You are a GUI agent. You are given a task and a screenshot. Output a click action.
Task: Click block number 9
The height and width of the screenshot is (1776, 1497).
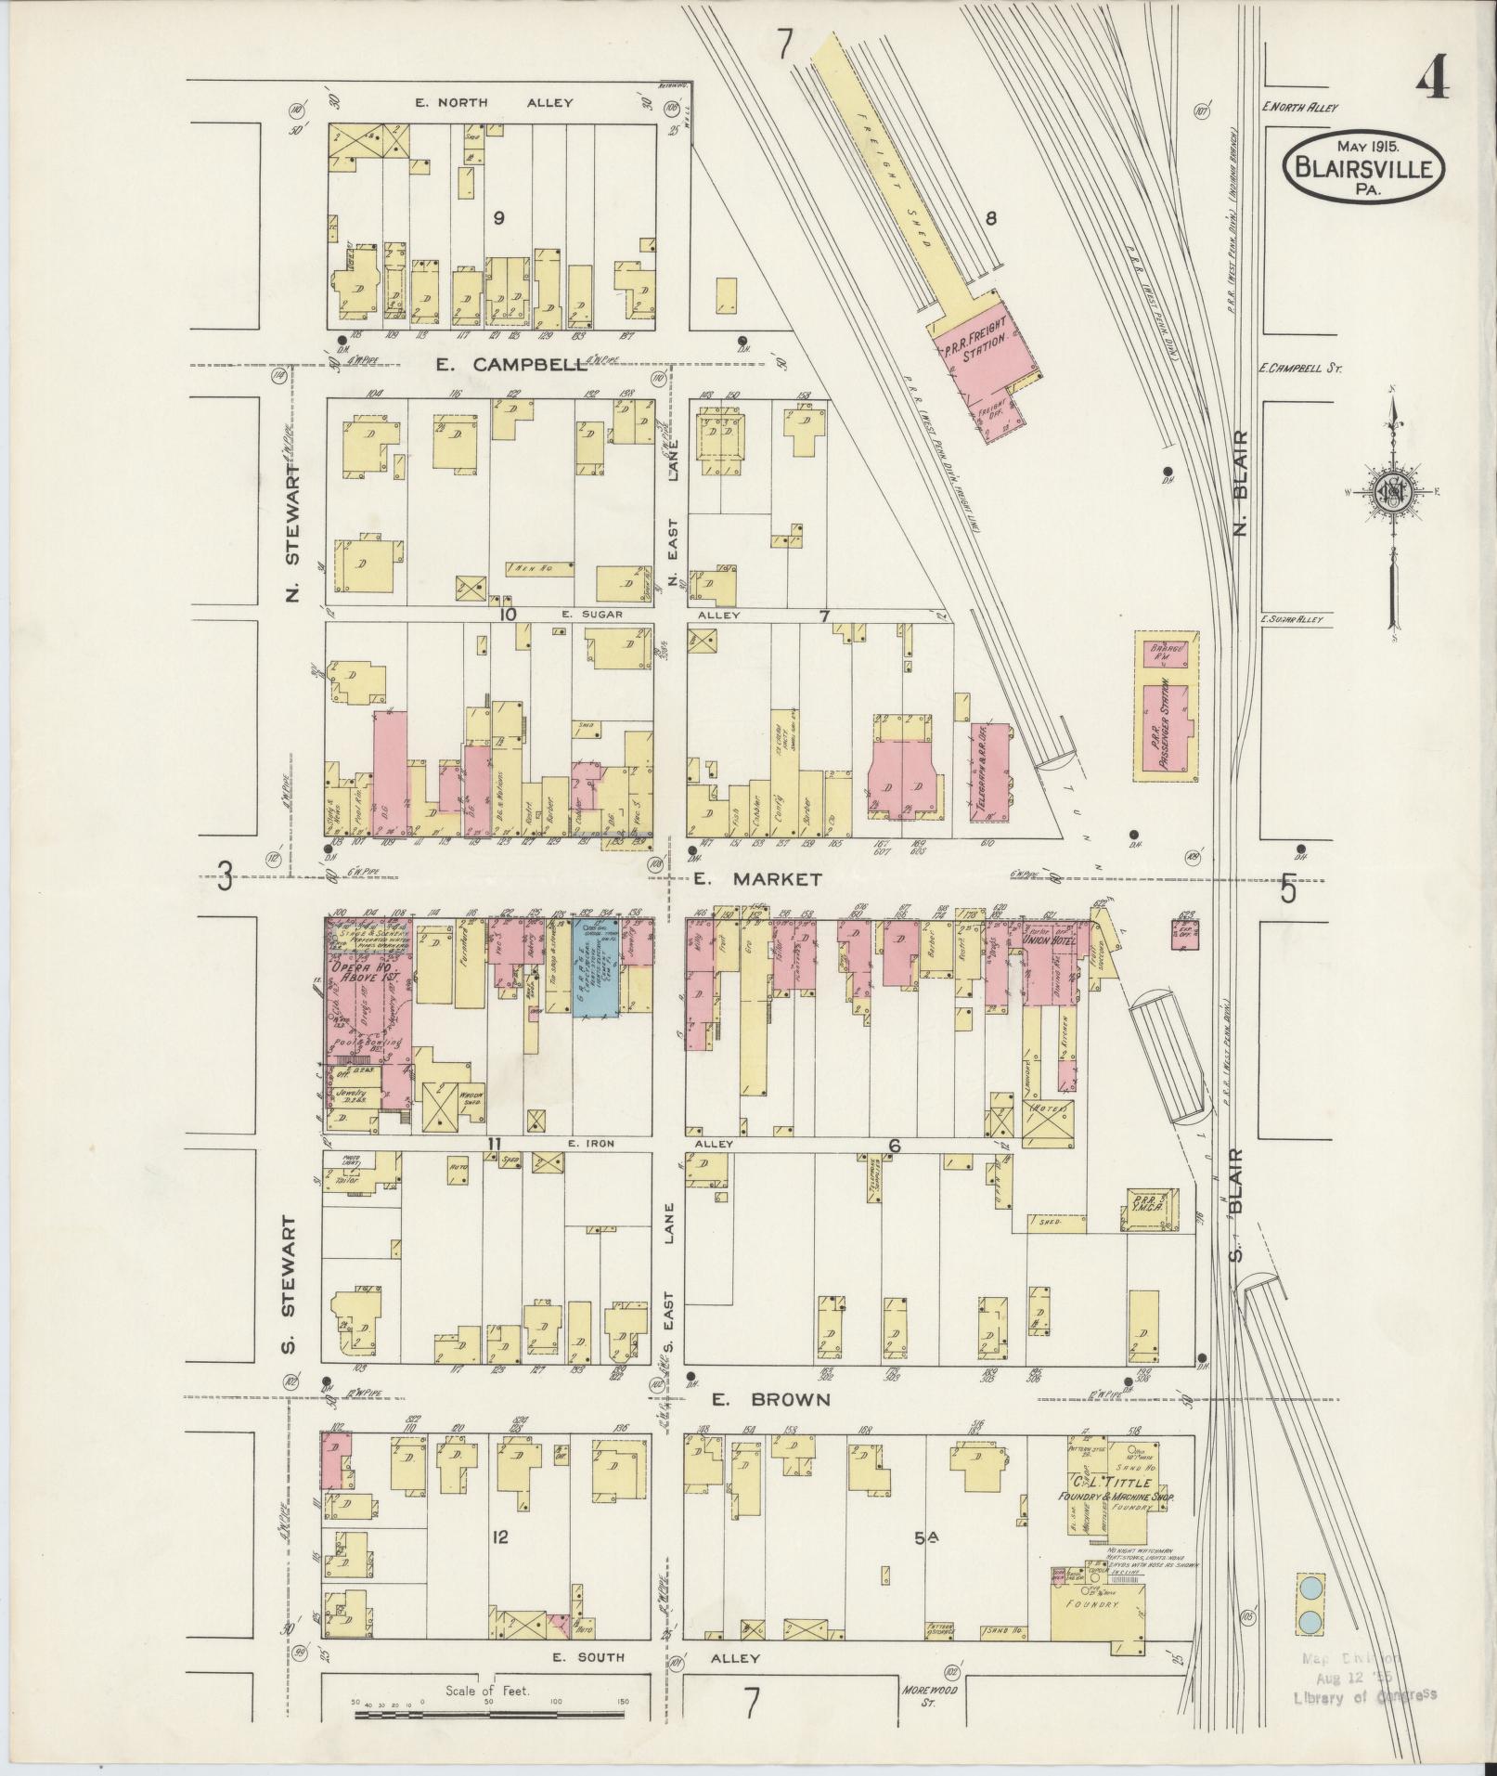[x=499, y=218]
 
